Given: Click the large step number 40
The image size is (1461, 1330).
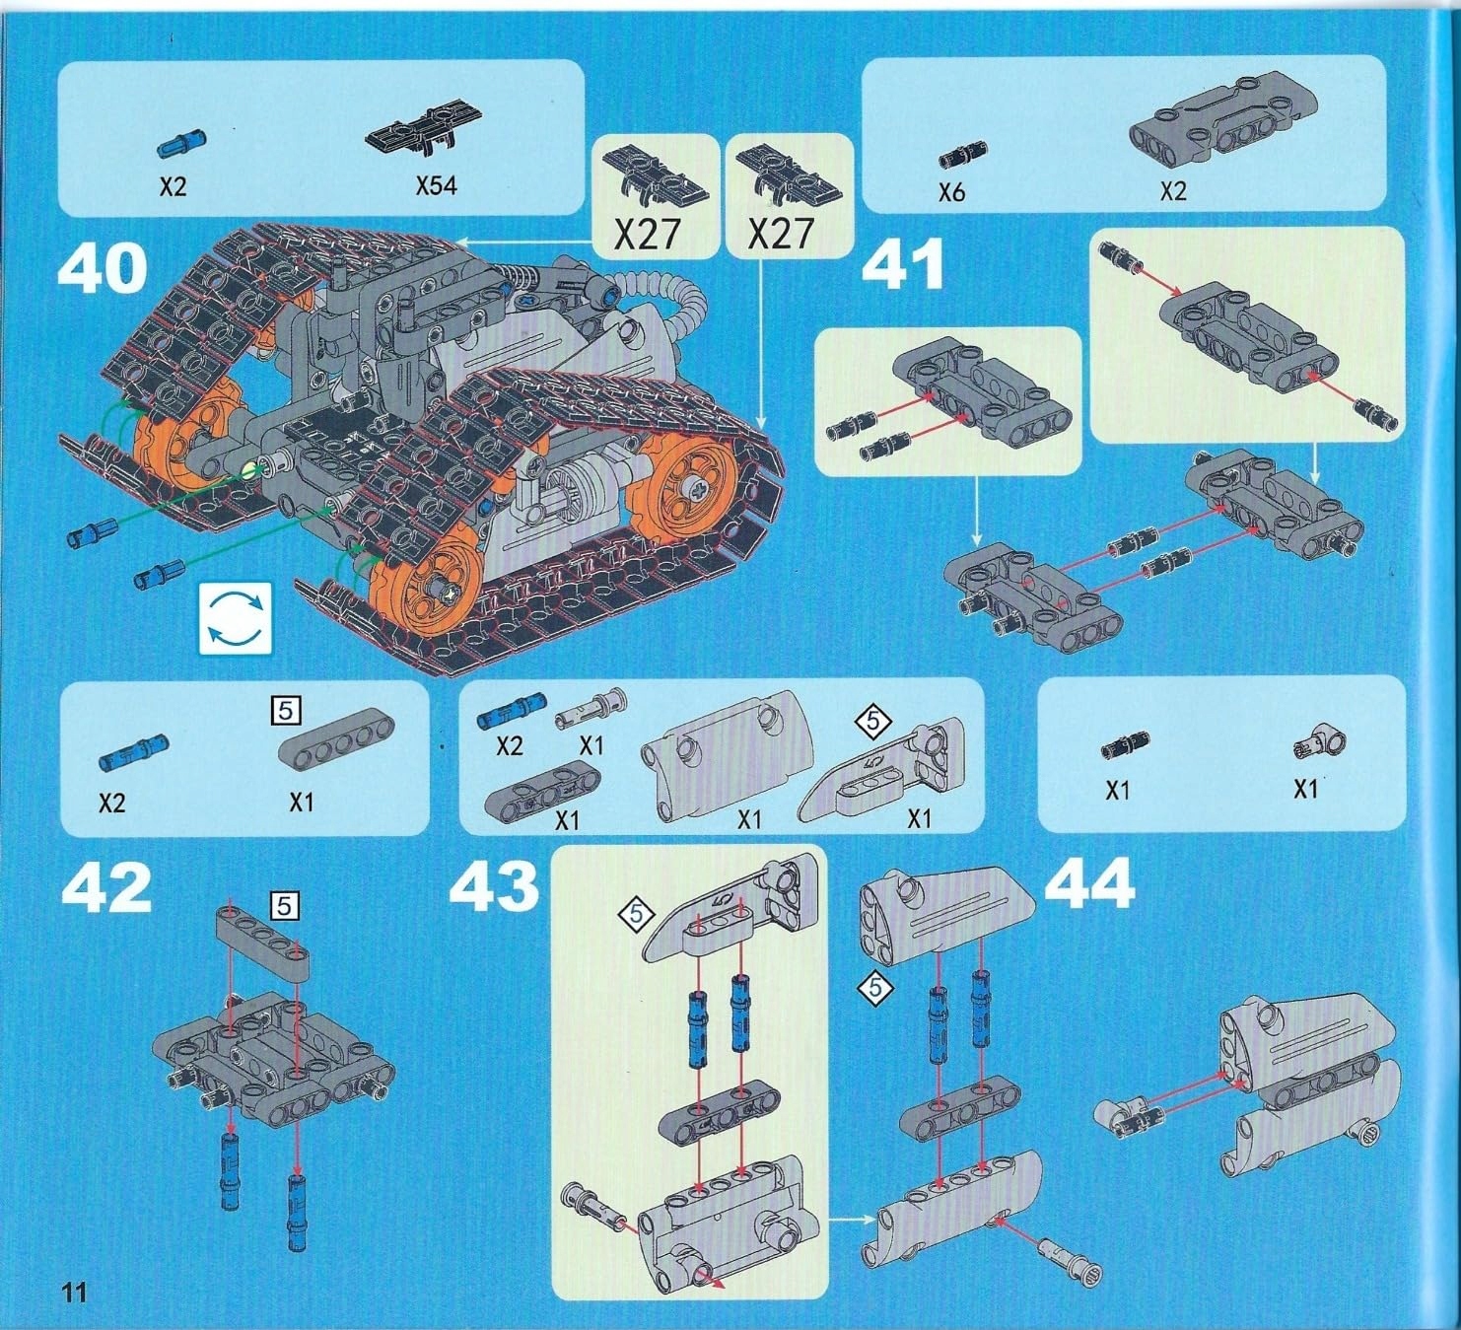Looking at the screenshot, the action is click(x=103, y=268).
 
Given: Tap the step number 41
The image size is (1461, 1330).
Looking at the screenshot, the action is click(x=902, y=265).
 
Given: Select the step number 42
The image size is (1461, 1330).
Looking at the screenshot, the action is click(x=106, y=889).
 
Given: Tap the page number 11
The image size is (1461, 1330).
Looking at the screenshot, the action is click(x=74, y=1292).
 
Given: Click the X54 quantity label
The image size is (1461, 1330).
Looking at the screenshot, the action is click(x=436, y=184).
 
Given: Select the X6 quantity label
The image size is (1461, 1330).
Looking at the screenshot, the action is click(x=951, y=191).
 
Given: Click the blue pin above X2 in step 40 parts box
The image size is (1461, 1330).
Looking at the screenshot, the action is click(x=182, y=143).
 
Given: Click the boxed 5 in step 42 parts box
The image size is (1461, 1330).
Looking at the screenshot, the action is click(x=286, y=709).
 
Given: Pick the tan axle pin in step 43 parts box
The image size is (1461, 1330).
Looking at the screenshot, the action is click(x=590, y=709).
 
